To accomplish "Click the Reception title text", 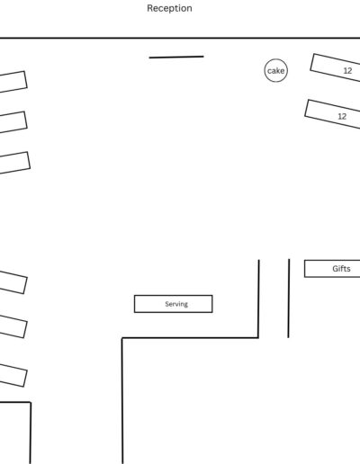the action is (x=169, y=8).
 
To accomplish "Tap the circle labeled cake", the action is (x=276, y=59).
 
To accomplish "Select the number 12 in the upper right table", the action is (x=347, y=71).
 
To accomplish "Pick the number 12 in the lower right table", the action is (x=342, y=116).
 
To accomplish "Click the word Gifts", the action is (x=341, y=269).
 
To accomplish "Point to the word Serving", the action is (x=176, y=304).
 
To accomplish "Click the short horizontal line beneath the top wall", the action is (x=176, y=57).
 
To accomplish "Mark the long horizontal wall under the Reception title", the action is (x=180, y=38).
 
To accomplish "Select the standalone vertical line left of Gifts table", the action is (x=289, y=299).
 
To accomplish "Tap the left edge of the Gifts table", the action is (x=304, y=269).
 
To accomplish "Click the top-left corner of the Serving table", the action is (x=134, y=296).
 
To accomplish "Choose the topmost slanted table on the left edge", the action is (x=13, y=82).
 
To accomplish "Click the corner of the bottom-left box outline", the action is (x=31, y=402).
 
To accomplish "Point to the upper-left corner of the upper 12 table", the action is (x=314, y=54).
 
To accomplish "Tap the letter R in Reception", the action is (x=149, y=8).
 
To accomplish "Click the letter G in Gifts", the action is (x=336, y=269).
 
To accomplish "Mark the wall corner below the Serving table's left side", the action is (x=122, y=338).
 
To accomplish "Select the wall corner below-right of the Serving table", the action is (x=258, y=338).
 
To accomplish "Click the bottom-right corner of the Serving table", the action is (x=212, y=312).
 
